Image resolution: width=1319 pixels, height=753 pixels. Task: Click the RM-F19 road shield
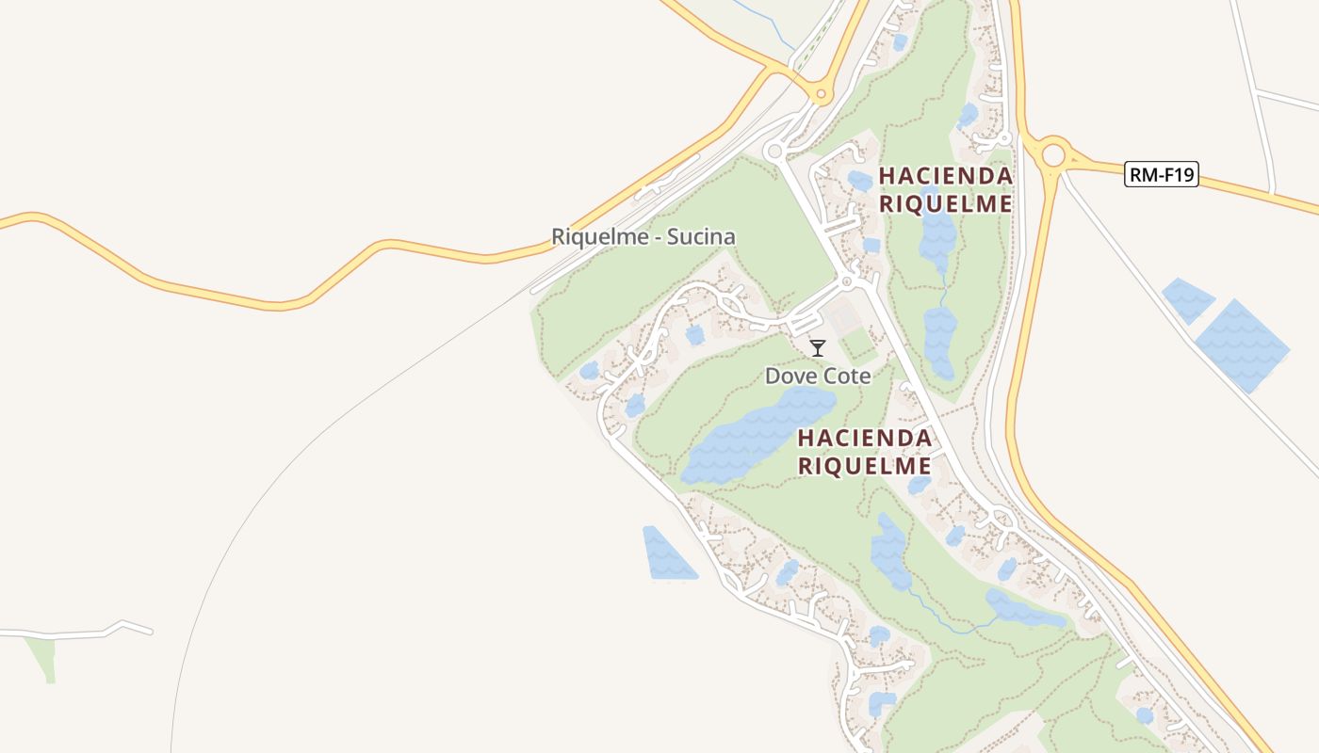pos(1161,174)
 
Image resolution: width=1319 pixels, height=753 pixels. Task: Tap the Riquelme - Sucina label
pos(643,236)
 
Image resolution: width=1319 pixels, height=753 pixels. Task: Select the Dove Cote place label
pos(817,376)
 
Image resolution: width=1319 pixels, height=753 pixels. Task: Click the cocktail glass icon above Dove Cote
pos(818,348)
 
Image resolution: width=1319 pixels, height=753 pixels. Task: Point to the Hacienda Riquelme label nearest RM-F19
pos(945,189)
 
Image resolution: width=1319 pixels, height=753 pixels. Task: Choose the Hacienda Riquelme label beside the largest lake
pos(865,451)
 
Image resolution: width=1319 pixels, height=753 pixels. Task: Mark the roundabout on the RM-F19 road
pos(1052,153)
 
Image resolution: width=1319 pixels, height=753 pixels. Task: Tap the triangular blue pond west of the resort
pos(666,554)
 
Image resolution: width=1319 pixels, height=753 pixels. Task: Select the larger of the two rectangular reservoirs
pos(1242,345)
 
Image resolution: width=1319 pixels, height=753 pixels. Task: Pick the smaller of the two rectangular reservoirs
pos(1188,299)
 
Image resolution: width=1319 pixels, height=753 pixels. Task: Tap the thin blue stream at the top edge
pos(763,23)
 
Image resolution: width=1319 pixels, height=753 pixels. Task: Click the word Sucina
pos(701,236)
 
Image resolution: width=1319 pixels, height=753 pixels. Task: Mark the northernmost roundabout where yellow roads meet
pos(821,93)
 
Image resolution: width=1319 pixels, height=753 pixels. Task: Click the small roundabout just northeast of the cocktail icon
pos(846,280)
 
